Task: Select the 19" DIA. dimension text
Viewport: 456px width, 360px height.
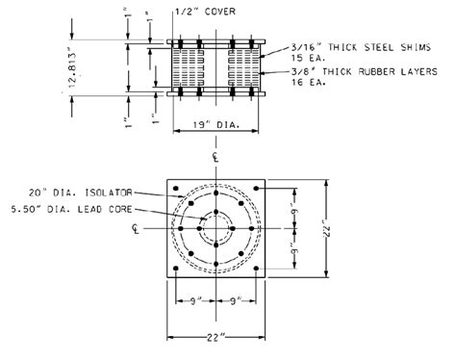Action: (x=215, y=125)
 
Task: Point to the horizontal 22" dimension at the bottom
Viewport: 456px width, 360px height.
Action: (x=215, y=338)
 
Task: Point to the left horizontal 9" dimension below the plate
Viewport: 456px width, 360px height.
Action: (x=195, y=301)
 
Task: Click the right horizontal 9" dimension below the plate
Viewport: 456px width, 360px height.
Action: (x=237, y=301)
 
